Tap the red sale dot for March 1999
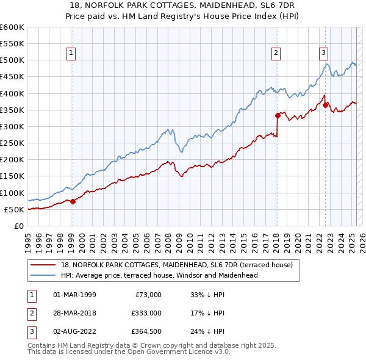pyautogui.click(x=72, y=201)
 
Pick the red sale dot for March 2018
pyautogui.click(x=277, y=115)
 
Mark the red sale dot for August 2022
pyautogui.click(x=325, y=105)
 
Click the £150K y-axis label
pyautogui.click(x=12, y=176)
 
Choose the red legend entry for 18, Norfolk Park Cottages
pyautogui.click(x=177, y=265)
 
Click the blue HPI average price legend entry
pyautogui.click(x=159, y=275)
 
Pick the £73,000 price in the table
pyautogui.click(x=148, y=295)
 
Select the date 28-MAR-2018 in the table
pyautogui.click(x=75, y=313)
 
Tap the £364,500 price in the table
pyautogui.click(x=146, y=331)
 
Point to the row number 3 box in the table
pyautogui.click(x=30, y=331)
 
